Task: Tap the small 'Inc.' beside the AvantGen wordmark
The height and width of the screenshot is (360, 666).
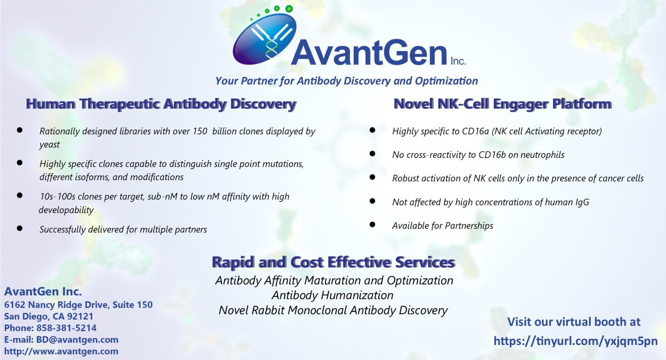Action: click(x=458, y=61)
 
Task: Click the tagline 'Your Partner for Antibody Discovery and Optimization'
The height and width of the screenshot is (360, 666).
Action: click(x=346, y=81)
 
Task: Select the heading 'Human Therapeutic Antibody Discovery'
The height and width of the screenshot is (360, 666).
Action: click(x=161, y=104)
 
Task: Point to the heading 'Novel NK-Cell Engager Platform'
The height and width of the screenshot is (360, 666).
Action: click(x=502, y=104)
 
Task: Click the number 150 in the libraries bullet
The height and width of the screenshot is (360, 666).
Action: click(x=199, y=131)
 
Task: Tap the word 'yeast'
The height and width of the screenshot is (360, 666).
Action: click(x=49, y=145)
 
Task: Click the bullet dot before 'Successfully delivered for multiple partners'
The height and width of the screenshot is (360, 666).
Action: click(x=20, y=228)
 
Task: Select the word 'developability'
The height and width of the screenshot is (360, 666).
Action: click(x=66, y=210)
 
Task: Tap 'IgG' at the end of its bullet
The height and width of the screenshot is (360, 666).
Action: click(x=582, y=202)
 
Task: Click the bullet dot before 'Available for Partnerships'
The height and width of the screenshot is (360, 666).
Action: click(x=372, y=224)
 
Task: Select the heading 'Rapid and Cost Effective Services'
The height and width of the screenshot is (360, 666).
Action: click(x=333, y=262)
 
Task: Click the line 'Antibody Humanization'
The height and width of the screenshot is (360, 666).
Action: click(x=333, y=296)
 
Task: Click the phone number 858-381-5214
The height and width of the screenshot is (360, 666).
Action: click(x=66, y=328)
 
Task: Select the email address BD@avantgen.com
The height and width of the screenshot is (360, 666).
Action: click(x=77, y=340)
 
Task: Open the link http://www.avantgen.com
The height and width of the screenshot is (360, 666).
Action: click(x=61, y=352)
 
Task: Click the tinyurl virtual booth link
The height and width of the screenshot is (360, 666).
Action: click(x=576, y=341)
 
